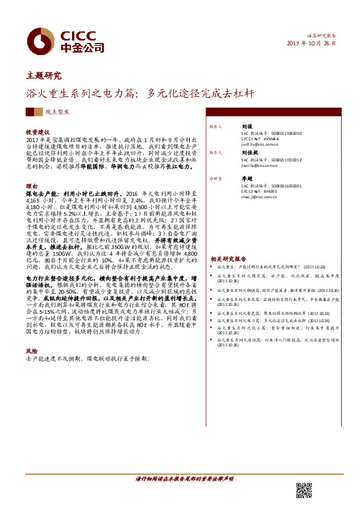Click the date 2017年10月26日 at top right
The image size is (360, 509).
point(311,44)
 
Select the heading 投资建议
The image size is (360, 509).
point(37,131)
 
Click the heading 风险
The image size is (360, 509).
point(31,351)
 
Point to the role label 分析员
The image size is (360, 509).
point(216,179)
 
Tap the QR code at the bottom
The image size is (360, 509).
point(304,490)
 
